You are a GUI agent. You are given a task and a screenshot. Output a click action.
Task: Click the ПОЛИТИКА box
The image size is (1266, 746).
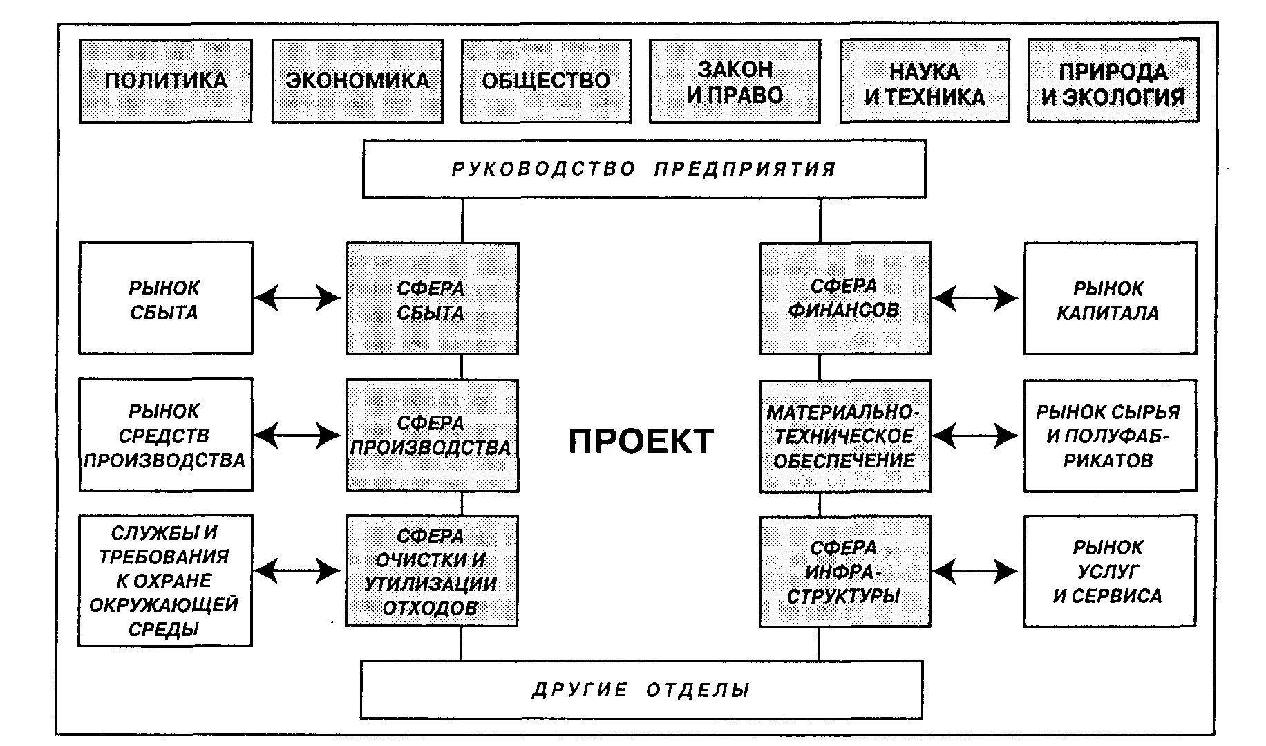(x=166, y=81)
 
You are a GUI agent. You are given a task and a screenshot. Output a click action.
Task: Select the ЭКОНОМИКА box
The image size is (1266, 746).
(x=357, y=81)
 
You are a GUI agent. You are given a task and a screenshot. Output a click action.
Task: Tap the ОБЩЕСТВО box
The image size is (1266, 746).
(x=546, y=81)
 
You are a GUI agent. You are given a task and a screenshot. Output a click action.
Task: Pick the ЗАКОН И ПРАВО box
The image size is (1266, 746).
(x=735, y=81)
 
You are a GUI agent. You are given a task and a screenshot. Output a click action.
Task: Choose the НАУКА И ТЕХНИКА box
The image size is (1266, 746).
(x=925, y=81)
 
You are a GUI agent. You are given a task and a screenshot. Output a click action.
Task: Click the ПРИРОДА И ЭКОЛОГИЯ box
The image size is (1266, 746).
(x=1113, y=81)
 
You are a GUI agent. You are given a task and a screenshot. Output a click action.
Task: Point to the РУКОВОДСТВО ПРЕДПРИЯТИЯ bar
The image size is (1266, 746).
(x=644, y=169)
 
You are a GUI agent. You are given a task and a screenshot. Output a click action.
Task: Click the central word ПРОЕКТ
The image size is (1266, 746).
(x=641, y=441)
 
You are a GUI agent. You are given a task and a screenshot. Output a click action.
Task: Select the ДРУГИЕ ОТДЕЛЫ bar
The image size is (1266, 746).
(x=641, y=689)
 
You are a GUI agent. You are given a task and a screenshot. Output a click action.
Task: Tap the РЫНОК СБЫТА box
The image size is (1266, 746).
(x=165, y=298)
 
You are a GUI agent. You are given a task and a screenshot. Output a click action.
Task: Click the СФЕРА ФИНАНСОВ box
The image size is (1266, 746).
(x=844, y=298)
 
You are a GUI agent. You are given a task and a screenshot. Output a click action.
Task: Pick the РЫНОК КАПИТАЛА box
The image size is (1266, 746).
(x=1109, y=298)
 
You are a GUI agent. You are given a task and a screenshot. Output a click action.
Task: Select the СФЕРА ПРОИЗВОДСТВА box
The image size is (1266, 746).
(x=432, y=435)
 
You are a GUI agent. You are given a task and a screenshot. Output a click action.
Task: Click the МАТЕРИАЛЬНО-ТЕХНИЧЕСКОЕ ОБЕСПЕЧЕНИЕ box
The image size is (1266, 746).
(x=844, y=436)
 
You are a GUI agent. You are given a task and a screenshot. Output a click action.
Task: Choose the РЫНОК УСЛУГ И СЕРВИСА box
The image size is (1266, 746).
(x=1109, y=571)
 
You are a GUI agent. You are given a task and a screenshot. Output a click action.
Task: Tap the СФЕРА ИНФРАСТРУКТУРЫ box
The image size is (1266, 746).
(x=844, y=571)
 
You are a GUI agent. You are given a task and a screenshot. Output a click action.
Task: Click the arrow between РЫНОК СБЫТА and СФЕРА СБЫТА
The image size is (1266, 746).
(x=298, y=298)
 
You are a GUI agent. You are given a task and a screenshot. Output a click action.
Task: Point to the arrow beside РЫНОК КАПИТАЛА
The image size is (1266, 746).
(x=975, y=299)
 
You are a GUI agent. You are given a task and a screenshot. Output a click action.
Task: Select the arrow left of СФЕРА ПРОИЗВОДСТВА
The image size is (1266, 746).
(x=298, y=435)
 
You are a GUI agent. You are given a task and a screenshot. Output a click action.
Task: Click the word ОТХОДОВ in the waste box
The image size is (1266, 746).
(x=430, y=608)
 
